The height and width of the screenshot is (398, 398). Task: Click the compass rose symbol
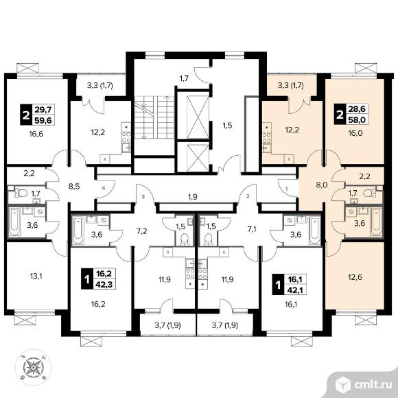(x=33, y=367)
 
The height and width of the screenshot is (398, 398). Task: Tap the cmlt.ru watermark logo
(x=364, y=385)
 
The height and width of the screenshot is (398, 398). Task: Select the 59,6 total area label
(x=43, y=120)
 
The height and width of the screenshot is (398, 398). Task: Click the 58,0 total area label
(x=356, y=119)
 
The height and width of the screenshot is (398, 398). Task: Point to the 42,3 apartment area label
(x=105, y=284)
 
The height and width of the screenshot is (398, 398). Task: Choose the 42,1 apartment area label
(x=296, y=290)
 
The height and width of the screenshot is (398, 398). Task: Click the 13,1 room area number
(x=36, y=276)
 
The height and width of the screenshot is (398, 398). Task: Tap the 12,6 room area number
(x=355, y=277)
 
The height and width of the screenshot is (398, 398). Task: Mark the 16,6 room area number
(x=36, y=134)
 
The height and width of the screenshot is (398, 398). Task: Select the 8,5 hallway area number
(x=74, y=187)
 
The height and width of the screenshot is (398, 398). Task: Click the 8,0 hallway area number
(x=322, y=185)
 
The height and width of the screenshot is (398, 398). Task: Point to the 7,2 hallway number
(x=141, y=231)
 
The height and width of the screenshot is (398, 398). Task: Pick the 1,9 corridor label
(x=193, y=196)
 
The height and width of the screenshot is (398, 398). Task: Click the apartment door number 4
(x=104, y=188)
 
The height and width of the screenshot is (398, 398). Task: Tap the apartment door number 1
(x=287, y=189)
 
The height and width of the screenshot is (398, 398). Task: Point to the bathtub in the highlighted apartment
(x=376, y=222)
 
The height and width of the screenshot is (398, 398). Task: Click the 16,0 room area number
(x=355, y=133)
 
